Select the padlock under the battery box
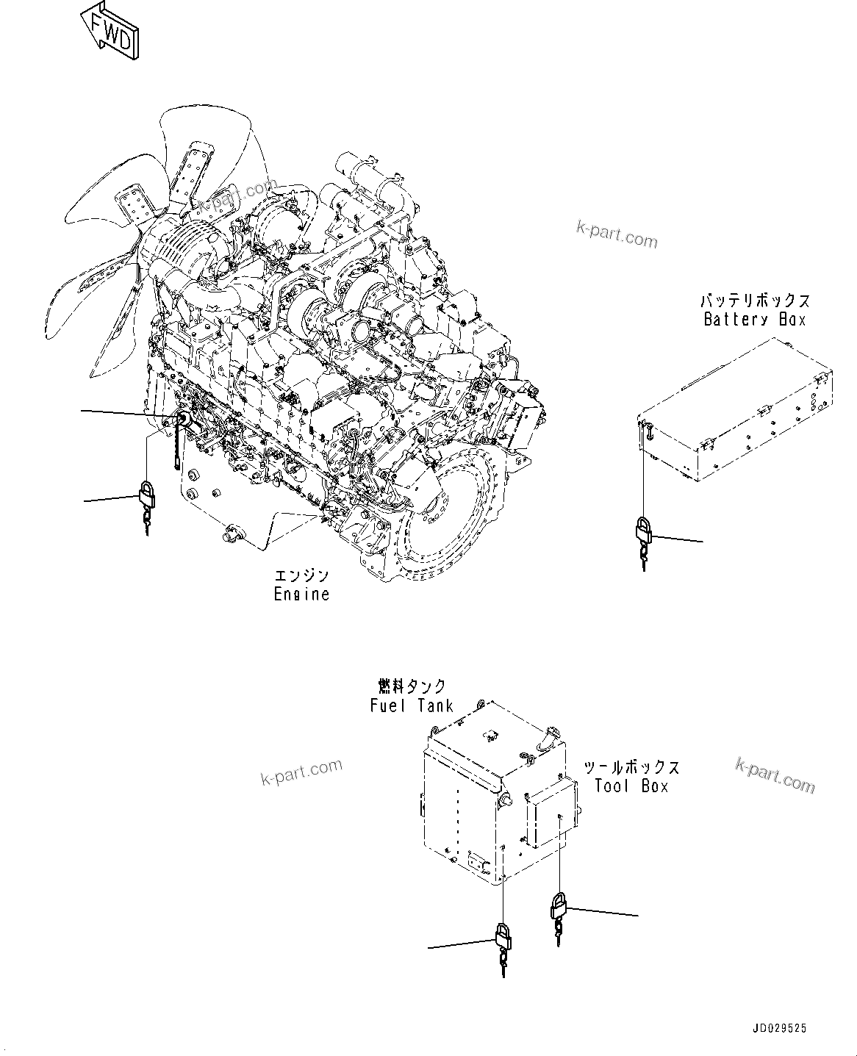[643, 531]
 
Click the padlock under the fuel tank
[503, 937]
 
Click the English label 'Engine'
[301, 594]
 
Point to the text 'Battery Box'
[754, 320]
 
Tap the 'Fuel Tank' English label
[411, 705]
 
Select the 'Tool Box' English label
[631, 786]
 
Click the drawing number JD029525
[779, 1029]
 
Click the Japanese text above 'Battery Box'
[754, 301]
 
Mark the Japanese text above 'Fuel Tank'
[412, 686]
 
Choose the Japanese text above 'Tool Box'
[631, 767]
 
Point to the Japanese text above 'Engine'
[301, 575]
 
